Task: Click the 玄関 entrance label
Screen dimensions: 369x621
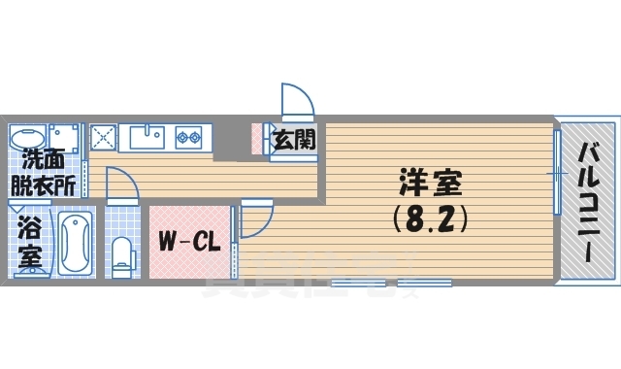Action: [x=292, y=140]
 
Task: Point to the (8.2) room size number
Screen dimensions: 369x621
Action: [x=431, y=219]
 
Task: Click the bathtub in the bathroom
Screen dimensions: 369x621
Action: [x=73, y=244]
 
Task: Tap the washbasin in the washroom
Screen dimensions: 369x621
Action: [x=28, y=135]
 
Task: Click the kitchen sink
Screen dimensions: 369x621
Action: [x=147, y=138]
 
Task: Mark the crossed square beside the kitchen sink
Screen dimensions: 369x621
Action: [x=103, y=138]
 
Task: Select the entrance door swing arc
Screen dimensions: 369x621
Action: [x=295, y=101]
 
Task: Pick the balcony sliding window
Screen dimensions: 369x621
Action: [x=558, y=174]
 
